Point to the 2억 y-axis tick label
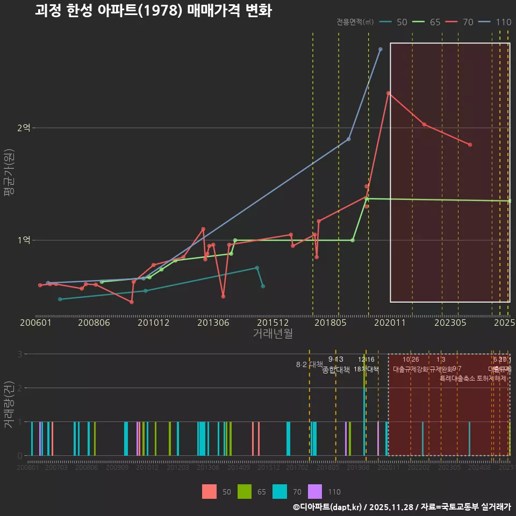[x=24, y=128]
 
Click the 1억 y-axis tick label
[x=24, y=240]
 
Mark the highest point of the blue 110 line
[x=380, y=49]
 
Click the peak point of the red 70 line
[x=388, y=93]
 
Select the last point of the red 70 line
[x=470, y=145]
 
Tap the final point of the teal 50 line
[x=263, y=286]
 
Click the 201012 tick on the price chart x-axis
[x=153, y=323]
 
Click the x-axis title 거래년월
[x=273, y=334]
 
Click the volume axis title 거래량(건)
[x=9, y=405]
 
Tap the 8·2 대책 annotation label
[x=310, y=364]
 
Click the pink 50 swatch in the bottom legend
[x=210, y=491]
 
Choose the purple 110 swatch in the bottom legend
[x=315, y=491]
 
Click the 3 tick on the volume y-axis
[x=19, y=354]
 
